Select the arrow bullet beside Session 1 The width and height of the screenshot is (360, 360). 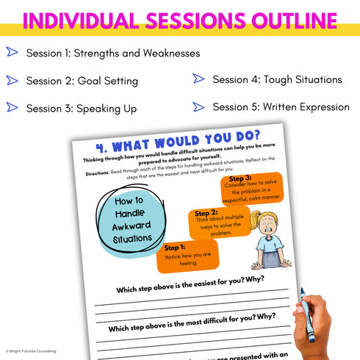pyautogui.click(x=12, y=52)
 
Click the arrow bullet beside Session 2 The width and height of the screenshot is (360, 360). pyautogui.click(x=12, y=79)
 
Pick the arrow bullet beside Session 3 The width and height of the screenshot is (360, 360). pyautogui.click(x=12, y=107)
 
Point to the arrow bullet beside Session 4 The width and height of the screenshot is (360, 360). pyautogui.click(x=198, y=79)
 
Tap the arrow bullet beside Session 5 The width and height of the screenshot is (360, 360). pyautogui.click(x=198, y=107)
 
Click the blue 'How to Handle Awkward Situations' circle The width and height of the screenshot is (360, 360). pyautogui.click(x=129, y=220)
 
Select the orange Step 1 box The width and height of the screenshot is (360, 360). pyautogui.click(x=187, y=255)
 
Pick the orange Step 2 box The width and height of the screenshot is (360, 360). pyautogui.click(x=218, y=223)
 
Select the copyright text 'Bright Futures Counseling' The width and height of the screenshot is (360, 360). pyautogui.click(x=31, y=351)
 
